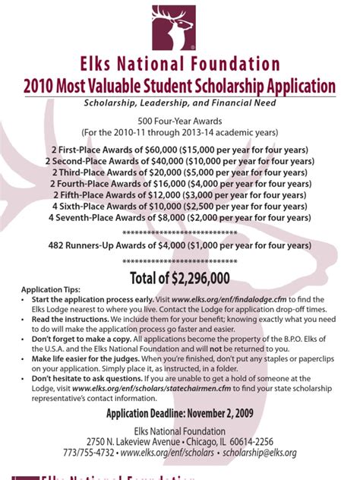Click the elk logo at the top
(179, 27)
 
